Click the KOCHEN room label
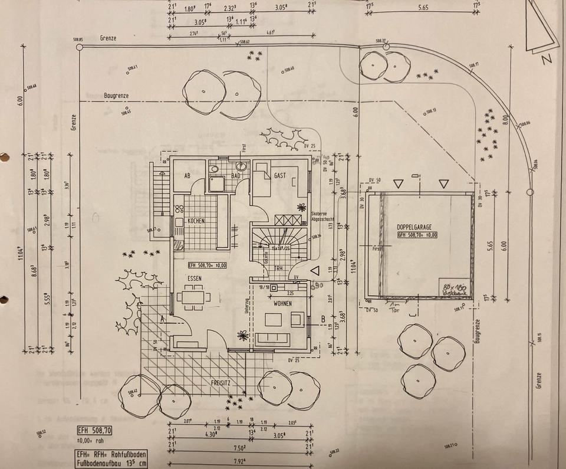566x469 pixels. point(196,221)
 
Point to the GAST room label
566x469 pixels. point(279,176)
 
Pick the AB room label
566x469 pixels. point(187,176)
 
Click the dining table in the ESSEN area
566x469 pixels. point(193,296)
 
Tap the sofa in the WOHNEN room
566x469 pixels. point(272,339)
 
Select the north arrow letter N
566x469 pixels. point(547,59)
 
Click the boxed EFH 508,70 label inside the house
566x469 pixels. point(208,265)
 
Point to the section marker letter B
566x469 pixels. point(323,320)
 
